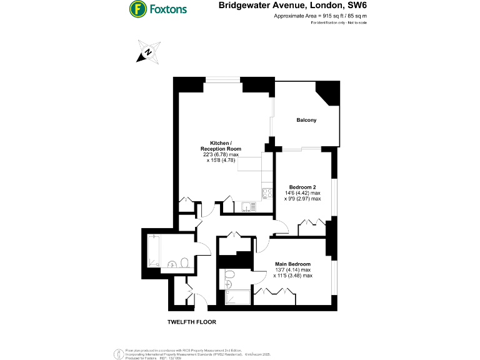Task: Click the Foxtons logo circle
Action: point(137,9)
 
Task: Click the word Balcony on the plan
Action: point(306,120)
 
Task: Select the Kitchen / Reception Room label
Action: point(221,146)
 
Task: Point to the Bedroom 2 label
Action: point(302,187)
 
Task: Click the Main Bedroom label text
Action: point(292,264)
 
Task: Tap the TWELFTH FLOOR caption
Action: point(192,322)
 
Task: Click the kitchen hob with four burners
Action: point(267,193)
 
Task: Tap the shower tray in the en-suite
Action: point(237,297)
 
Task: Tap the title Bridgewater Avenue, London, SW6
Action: point(292,6)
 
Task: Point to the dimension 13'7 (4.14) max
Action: point(292,270)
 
